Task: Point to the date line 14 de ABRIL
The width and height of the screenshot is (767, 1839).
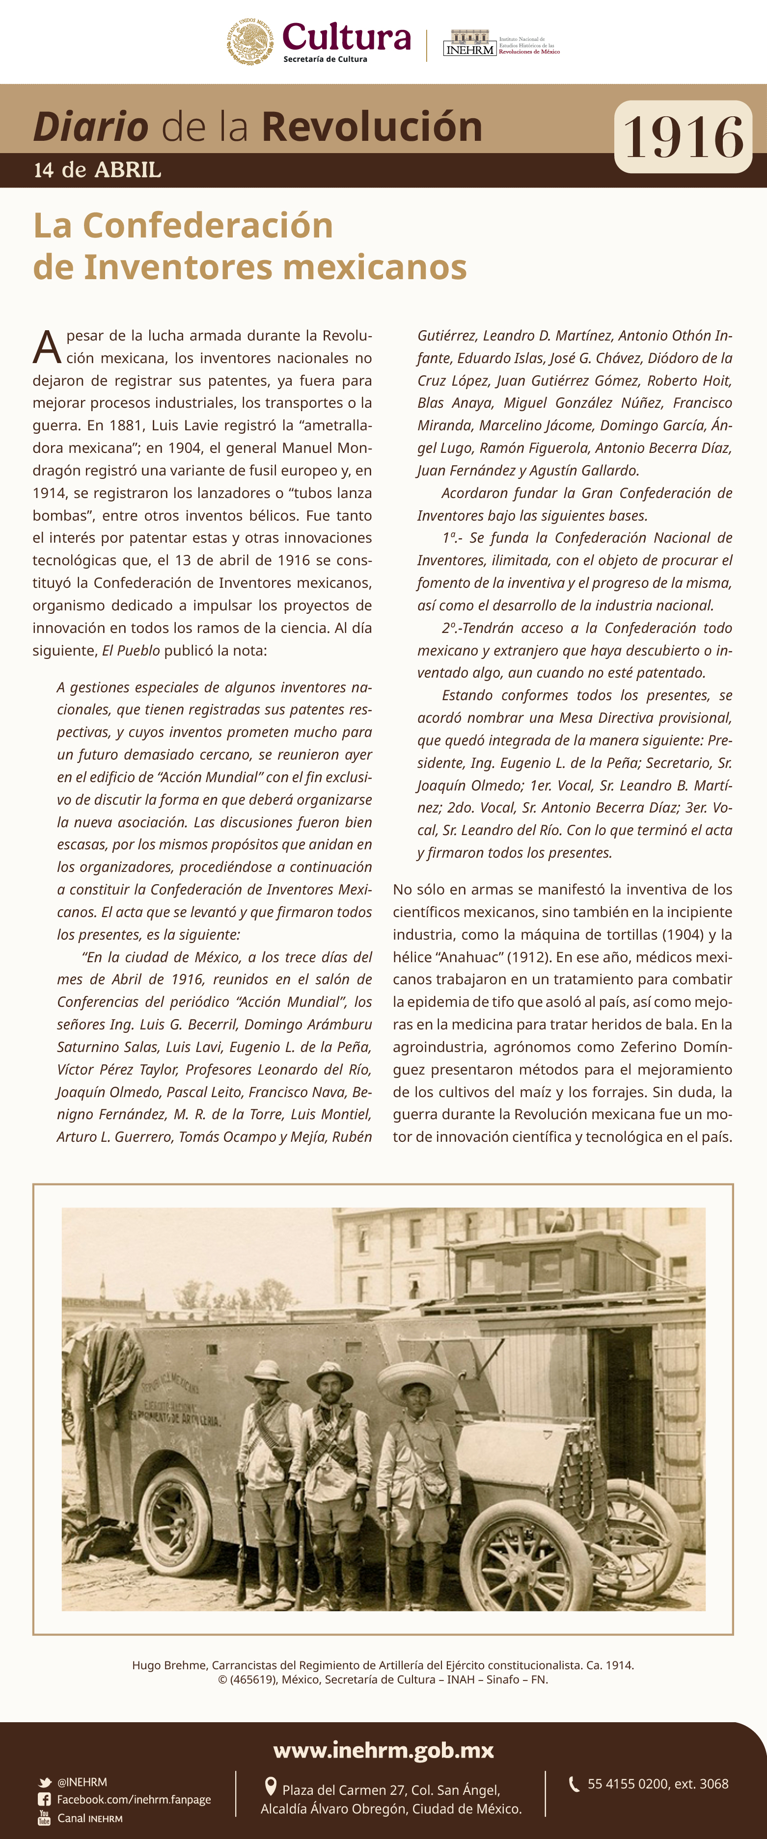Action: click(x=98, y=170)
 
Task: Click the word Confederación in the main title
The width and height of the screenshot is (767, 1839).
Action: click(x=208, y=226)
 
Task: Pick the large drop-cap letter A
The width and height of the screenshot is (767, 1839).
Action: click(x=47, y=348)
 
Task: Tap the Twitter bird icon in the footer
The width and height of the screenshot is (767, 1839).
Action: click(x=45, y=1782)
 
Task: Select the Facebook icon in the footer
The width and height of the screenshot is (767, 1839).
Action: click(x=44, y=1799)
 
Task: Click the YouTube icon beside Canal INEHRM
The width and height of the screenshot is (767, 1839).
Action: click(x=44, y=1817)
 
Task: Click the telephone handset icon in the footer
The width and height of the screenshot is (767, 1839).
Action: click(x=574, y=1784)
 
